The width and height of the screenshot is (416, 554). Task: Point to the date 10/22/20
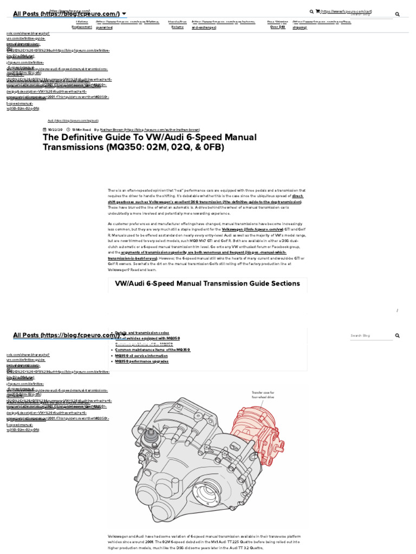(x=55, y=130)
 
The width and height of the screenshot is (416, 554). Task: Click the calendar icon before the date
(x=44, y=130)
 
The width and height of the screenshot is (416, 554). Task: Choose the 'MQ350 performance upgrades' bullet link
(x=141, y=361)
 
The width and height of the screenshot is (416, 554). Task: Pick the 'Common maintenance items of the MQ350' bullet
(x=152, y=350)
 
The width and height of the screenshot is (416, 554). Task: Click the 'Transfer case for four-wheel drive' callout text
(x=263, y=394)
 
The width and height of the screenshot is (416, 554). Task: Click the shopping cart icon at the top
(x=318, y=11)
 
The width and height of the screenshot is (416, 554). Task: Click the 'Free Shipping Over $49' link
(x=277, y=24)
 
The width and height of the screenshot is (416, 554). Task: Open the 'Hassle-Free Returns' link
(x=178, y=24)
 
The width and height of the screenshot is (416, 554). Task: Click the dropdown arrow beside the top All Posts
(x=125, y=13)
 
